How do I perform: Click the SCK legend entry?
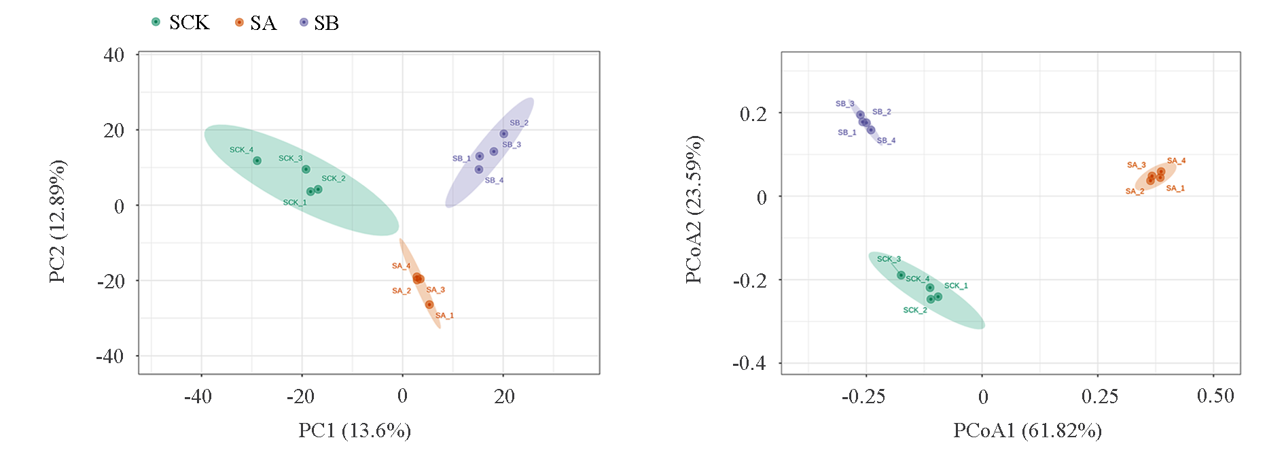[181, 22]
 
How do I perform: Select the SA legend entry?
[255, 23]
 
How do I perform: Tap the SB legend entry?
[319, 23]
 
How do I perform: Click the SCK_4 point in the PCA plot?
[257, 161]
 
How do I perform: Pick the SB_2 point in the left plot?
[503, 134]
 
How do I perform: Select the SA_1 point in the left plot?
[429, 305]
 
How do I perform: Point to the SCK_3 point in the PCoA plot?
[901, 275]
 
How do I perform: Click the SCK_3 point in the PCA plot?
[306, 169]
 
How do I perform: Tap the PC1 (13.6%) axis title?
[355, 430]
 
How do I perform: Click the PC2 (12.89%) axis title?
[57, 221]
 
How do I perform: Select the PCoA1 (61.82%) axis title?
[1027, 430]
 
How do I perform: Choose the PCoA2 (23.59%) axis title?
[694, 209]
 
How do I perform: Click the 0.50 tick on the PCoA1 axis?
[1215, 396]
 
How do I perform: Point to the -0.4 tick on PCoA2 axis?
[749, 363]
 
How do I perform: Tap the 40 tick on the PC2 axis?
[113, 55]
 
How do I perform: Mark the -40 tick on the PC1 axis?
[198, 396]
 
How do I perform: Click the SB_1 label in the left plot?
[461, 158]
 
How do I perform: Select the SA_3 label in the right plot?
[1136, 165]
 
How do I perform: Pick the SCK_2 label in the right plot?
[914, 310]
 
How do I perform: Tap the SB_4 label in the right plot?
[886, 141]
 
